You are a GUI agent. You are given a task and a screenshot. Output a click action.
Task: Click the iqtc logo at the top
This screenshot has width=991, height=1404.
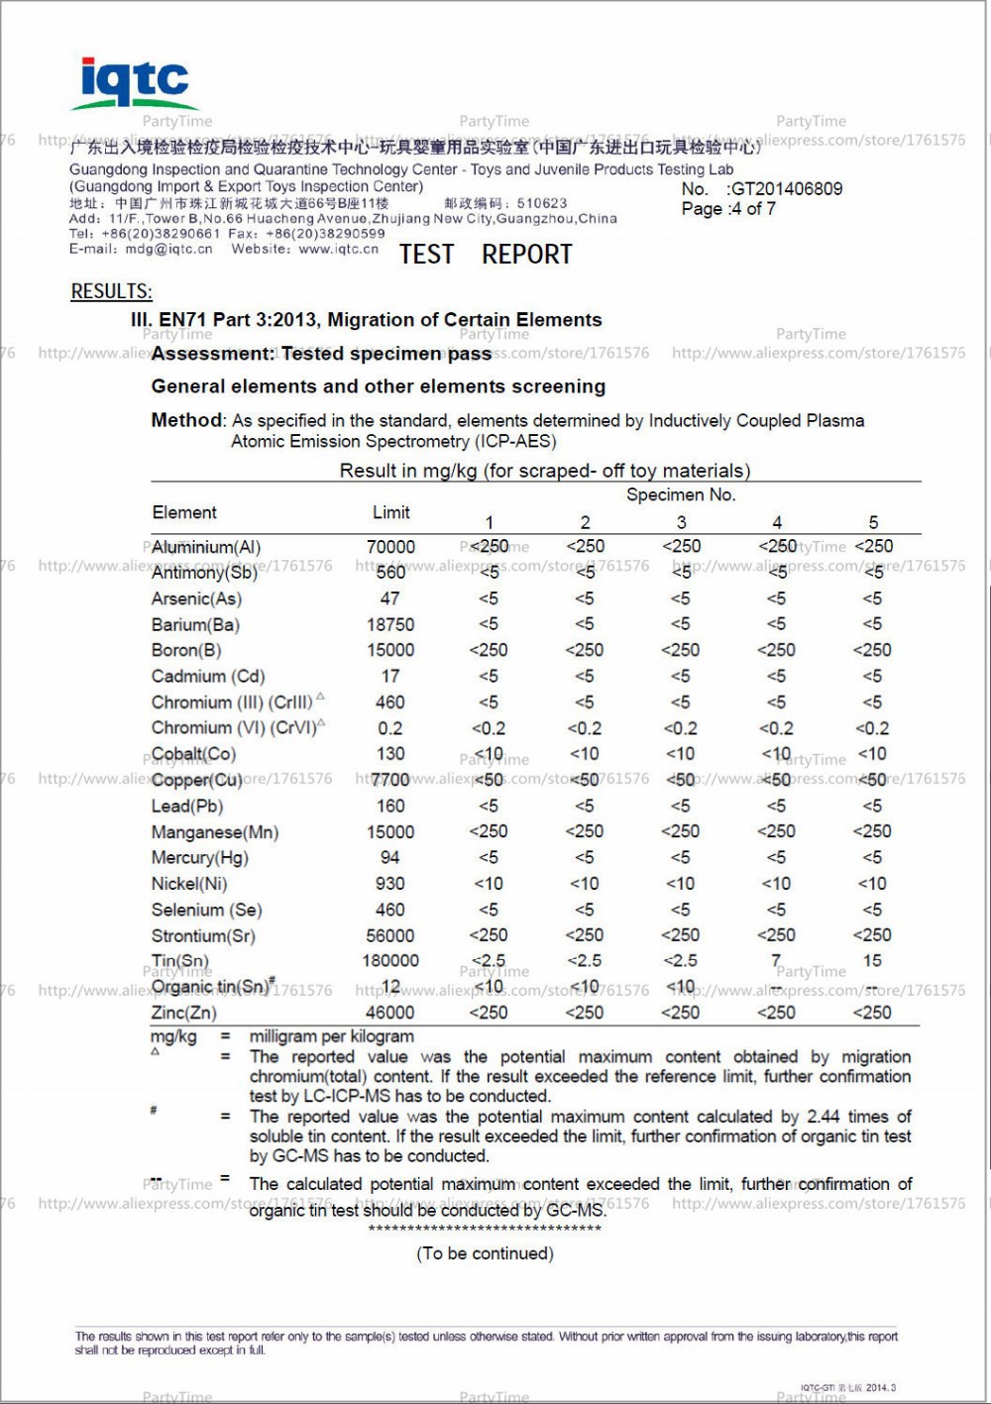(134, 82)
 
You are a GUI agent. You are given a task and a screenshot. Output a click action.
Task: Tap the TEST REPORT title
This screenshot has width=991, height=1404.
(486, 255)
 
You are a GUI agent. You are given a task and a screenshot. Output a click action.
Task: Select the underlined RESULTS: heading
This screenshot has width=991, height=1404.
(111, 291)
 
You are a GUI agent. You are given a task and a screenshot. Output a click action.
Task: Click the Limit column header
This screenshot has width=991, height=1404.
(390, 512)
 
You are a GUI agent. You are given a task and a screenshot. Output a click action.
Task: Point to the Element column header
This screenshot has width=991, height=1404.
(184, 512)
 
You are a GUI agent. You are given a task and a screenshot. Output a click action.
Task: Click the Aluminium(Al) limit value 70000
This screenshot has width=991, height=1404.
(390, 547)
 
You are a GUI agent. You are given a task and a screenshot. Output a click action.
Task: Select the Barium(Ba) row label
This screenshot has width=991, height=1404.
(195, 625)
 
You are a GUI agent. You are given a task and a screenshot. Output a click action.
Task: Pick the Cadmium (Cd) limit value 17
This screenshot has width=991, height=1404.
(390, 677)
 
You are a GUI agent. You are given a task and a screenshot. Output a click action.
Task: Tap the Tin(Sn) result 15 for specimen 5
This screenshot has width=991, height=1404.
(872, 961)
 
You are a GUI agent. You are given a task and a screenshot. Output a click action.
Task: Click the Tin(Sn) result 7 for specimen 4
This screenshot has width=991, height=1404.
(776, 961)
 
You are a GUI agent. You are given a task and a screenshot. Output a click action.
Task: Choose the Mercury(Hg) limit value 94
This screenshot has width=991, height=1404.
(390, 858)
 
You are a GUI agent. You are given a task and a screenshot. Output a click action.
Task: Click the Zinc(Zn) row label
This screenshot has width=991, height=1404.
(183, 1013)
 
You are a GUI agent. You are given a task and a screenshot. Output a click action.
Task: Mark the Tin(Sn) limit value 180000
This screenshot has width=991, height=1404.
(390, 961)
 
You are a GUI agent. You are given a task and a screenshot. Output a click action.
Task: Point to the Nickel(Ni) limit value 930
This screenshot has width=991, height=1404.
(390, 884)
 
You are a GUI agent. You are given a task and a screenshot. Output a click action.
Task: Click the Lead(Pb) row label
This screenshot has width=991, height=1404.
(187, 807)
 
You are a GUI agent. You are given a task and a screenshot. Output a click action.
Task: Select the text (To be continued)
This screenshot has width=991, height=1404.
(485, 1253)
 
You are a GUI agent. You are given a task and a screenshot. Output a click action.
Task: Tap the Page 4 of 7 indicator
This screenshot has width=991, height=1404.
(728, 209)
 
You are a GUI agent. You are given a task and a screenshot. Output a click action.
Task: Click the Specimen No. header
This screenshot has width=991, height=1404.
(681, 494)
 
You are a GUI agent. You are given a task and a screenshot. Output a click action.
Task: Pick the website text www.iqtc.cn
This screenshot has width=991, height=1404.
(338, 250)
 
